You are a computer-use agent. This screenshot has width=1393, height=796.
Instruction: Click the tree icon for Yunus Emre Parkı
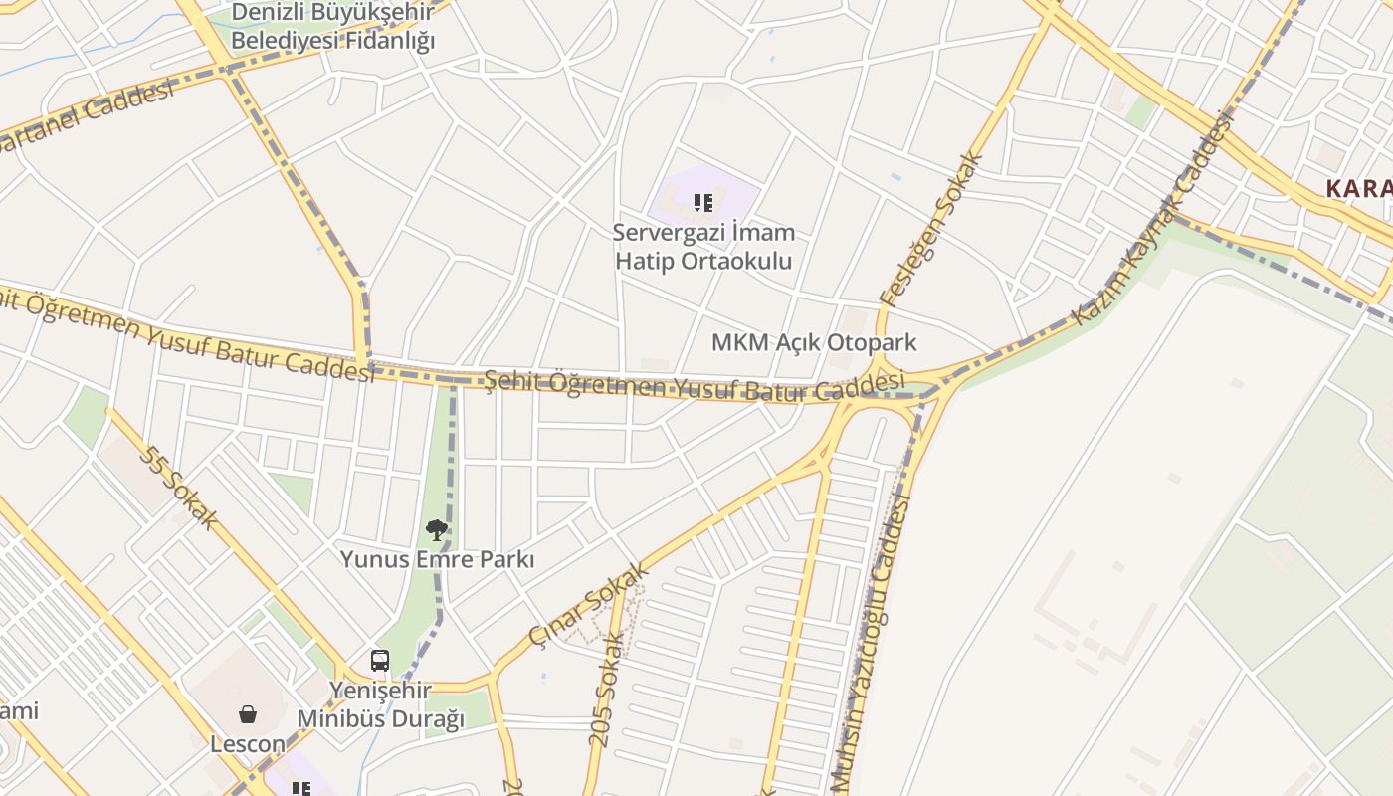pos(436,529)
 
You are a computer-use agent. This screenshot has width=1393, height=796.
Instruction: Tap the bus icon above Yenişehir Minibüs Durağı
pos(380,660)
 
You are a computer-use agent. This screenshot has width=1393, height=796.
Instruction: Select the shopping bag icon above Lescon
pos(248,713)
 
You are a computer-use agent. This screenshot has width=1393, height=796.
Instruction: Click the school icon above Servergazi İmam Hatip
pos(703,204)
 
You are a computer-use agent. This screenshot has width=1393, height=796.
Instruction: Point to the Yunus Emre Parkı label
pos(437,559)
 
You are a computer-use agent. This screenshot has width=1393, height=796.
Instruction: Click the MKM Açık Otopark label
pos(813,343)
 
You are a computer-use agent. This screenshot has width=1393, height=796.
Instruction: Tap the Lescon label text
pos(248,743)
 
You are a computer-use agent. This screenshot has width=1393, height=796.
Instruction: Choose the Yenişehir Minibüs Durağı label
pos(380,704)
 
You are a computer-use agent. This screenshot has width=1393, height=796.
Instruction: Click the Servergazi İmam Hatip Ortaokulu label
pos(703,247)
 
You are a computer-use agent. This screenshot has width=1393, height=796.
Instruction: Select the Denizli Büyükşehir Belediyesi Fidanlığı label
pos(333,27)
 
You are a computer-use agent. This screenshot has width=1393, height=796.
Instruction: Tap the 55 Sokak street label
pos(179,488)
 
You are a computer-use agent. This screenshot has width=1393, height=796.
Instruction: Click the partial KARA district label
pos(1359,188)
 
